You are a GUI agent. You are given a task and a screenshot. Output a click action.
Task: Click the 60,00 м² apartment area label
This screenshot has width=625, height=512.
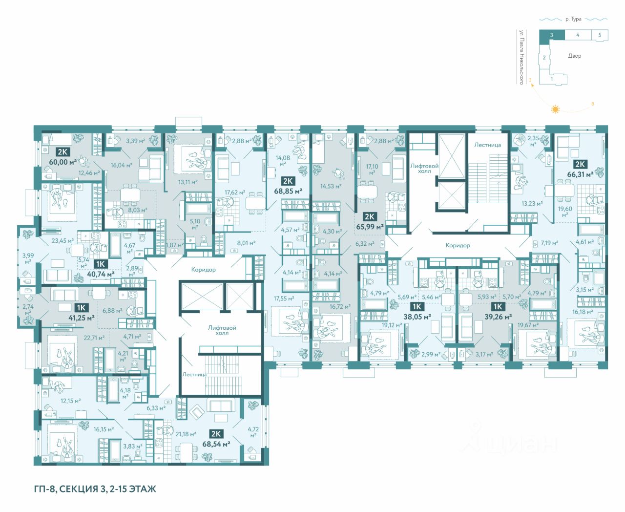(63, 162)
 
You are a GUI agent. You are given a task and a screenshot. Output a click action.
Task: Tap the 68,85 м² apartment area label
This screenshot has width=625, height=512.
(288, 191)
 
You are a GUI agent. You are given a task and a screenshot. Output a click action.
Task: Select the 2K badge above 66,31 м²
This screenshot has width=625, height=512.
(580, 164)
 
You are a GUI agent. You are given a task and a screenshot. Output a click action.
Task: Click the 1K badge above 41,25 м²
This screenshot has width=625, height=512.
(81, 308)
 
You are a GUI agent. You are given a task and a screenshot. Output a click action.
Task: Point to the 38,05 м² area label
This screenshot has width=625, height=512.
(417, 317)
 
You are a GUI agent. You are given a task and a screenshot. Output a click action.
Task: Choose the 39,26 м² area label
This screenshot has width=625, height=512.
(498, 317)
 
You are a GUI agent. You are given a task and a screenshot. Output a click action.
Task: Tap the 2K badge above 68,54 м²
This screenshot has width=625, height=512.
(216, 434)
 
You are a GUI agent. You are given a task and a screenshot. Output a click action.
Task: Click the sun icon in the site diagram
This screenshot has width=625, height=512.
(555, 109)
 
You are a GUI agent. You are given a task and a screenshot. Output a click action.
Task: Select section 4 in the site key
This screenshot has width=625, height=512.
(578, 35)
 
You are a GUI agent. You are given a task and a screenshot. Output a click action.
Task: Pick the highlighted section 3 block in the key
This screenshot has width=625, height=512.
(552, 35)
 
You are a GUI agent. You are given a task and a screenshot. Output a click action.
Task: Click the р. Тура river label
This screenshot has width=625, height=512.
(573, 19)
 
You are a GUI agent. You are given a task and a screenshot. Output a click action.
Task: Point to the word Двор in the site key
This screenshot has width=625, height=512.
(575, 56)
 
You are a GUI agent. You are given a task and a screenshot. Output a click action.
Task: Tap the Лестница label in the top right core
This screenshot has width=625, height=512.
(487, 145)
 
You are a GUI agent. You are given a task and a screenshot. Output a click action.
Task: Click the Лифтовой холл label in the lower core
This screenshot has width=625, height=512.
(222, 330)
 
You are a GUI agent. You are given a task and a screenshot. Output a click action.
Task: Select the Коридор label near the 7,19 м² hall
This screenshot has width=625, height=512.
(458, 245)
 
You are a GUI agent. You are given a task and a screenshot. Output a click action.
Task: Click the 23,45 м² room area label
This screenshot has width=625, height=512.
(62, 241)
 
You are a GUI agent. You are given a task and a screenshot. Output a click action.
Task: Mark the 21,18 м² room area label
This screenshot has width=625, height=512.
(186, 434)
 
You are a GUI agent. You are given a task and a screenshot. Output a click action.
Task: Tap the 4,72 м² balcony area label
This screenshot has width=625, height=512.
(253, 432)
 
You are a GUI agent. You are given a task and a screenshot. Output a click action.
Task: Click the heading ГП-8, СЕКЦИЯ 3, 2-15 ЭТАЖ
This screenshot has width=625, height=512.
(95, 489)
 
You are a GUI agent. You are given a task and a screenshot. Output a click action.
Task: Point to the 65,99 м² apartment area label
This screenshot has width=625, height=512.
(370, 227)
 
